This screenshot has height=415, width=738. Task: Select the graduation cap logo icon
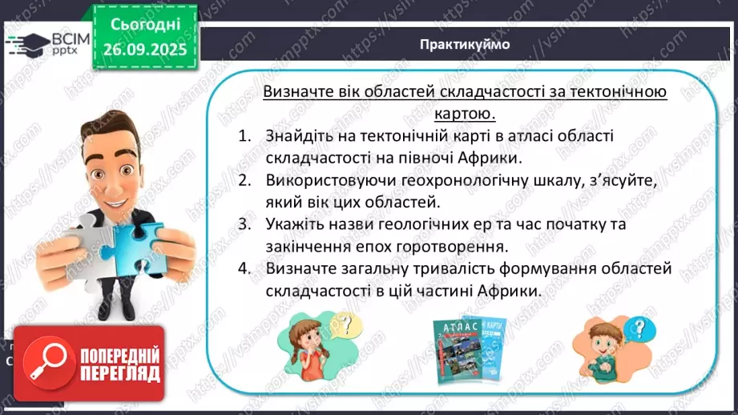tap(24, 42)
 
